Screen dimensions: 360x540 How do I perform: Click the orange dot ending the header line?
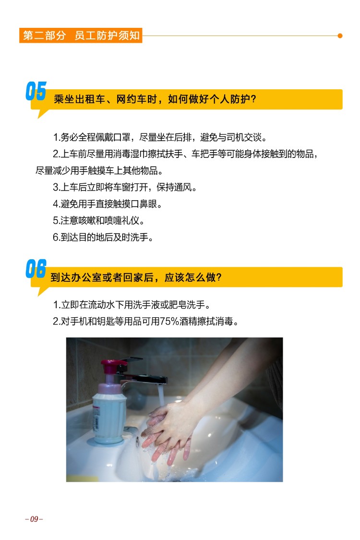click(x=340, y=36)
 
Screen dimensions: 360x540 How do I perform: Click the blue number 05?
click(x=36, y=91)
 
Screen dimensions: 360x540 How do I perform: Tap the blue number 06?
click(x=36, y=269)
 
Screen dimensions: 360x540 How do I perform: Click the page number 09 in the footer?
click(x=34, y=519)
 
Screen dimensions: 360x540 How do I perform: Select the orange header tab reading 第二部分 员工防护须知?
click(x=81, y=36)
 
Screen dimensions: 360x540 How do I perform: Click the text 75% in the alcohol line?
click(x=169, y=321)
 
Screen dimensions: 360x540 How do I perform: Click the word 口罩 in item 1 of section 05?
click(x=121, y=137)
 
